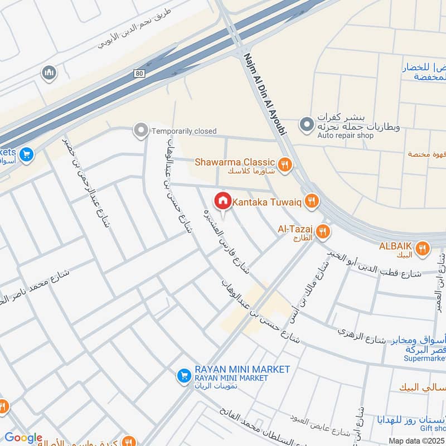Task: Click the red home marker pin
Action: click(223, 200)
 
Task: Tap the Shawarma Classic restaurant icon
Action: click(285, 164)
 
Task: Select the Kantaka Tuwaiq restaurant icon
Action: click(312, 202)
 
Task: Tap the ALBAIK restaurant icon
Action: click(423, 248)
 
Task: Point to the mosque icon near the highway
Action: click(49, 72)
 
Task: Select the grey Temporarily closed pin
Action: click(140, 131)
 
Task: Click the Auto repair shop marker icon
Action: click(306, 125)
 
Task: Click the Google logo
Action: click(23, 438)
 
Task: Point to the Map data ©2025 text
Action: click(416, 440)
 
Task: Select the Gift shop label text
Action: click(434, 427)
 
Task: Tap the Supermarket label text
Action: click(424, 358)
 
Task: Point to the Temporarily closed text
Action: click(184, 131)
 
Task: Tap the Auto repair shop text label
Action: click(345, 135)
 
